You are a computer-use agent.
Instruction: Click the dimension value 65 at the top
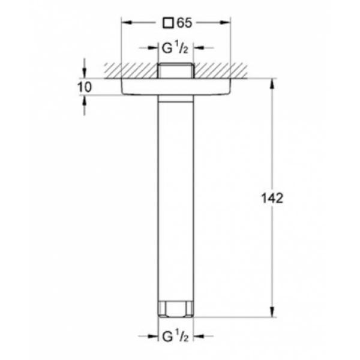pyautogui.click(x=184, y=23)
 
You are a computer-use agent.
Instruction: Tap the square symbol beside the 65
pyautogui.click(x=168, y=23)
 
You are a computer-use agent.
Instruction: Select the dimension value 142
pyautogui.click(x=272, y=199)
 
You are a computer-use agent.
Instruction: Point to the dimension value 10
pyautogui.click(x=85, y=87)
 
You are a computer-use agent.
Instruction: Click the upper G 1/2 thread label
pyautogui.click(x=175, y=48)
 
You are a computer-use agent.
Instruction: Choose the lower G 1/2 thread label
pyautogui.click(x=175, y=336)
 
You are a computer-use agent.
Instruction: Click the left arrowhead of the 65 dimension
pyautogui.click(x=127, y=23)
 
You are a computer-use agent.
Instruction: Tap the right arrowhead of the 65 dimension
pyautogui.click(x=225, y=23)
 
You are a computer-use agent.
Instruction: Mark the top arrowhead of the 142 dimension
pyautogui.click(x=272, y=83)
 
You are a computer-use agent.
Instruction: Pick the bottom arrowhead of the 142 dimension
pyautogui.click(x=272, y=312)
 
